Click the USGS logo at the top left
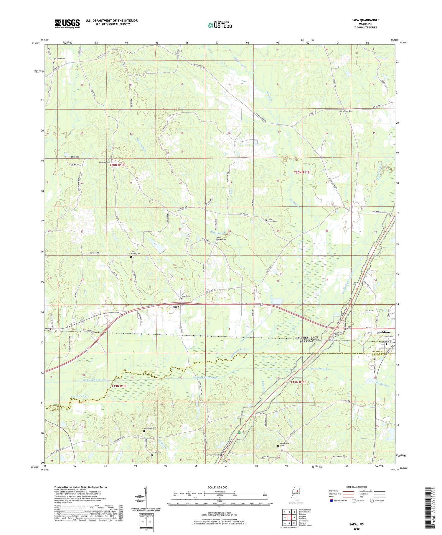(x=67, y=24)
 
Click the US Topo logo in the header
(x=220, y=25)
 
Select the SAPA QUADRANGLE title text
(x=365, y=20)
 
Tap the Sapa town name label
(x=176, y=307)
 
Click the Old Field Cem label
(x=59, y=59)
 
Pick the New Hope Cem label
(x=347, y=111)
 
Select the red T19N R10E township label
(x=119, y=386)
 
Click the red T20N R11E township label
(x=301, y=172)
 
